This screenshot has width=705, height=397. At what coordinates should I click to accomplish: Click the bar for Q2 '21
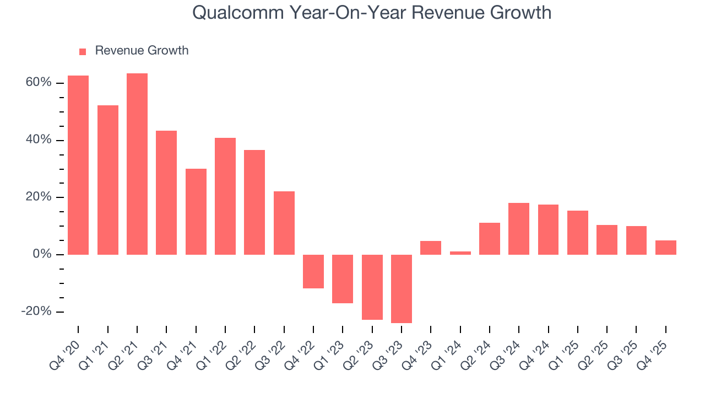(137, 164)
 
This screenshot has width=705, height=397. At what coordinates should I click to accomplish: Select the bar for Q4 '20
(78, 165)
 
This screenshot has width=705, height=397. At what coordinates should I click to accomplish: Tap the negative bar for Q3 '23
(402, 288)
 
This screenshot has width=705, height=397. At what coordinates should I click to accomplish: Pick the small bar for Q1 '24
(460, 253)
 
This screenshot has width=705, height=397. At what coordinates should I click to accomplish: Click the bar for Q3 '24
(519, 229)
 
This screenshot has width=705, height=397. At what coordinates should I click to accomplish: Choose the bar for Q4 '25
(666, 248)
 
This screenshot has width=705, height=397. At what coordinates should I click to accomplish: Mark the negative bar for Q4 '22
(313, 271)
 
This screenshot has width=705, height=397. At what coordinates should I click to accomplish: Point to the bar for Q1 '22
(225, 196)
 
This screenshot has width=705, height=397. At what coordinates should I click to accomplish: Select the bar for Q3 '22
(284, 223)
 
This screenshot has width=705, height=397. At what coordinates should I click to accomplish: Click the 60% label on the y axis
(38, 83)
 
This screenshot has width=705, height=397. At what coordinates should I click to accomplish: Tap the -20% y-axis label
(36, 312)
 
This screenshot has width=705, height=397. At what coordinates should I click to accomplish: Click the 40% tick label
(38, 140)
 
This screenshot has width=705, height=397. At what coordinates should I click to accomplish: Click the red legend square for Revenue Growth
(83, 52)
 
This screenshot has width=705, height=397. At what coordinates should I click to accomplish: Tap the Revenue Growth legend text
(142, 51)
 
